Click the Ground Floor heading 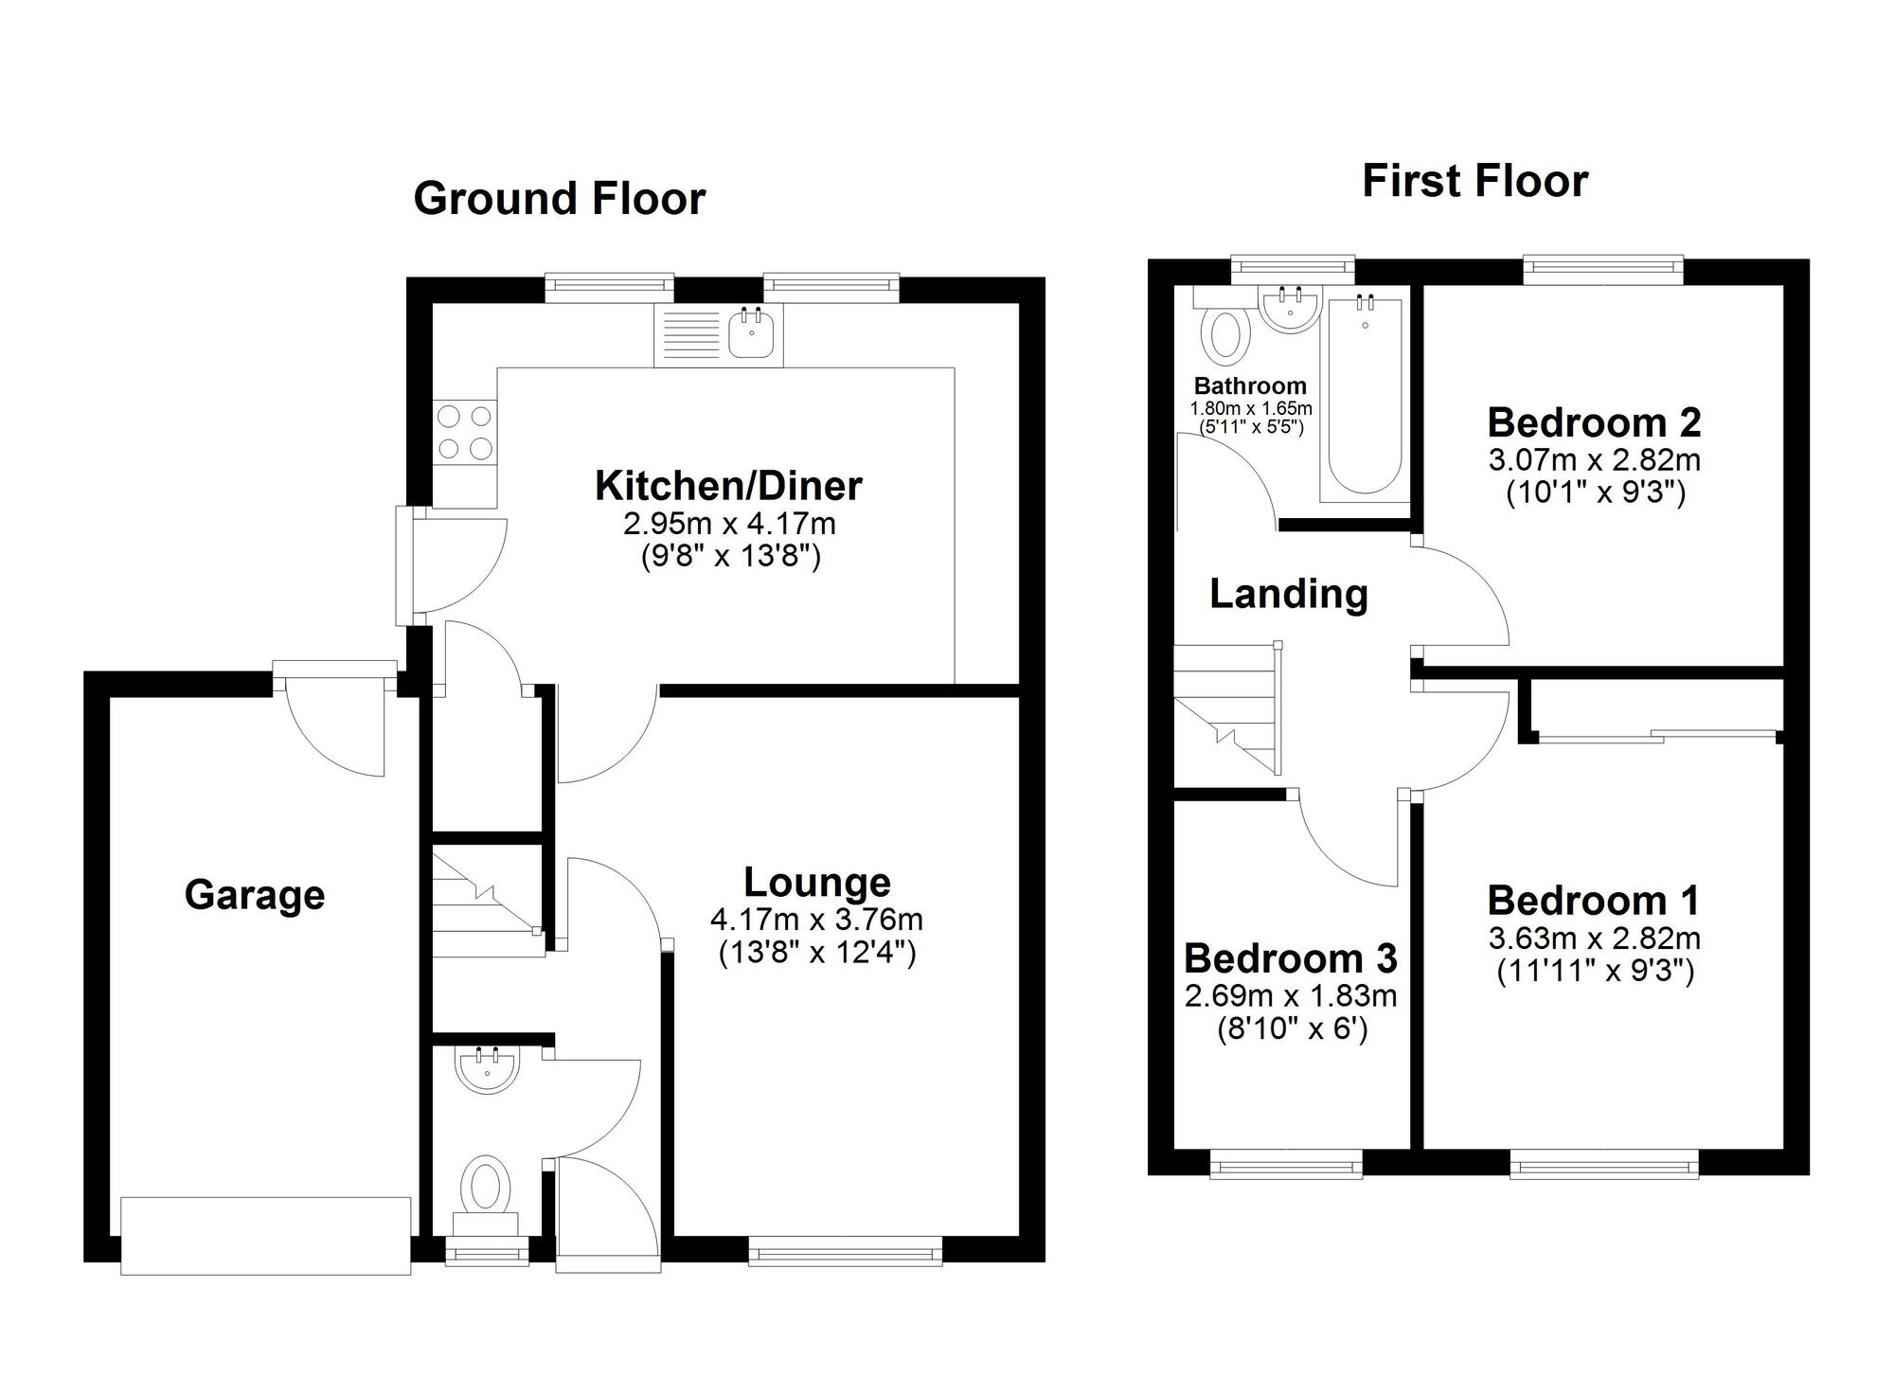point(560,199)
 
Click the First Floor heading point(1474,181)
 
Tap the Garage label point(255,895)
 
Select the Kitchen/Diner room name point(728,485)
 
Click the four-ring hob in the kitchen point(465,432)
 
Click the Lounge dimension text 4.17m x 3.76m point(816,919)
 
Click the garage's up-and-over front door point(266,1235)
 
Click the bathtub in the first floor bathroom point(1365,398)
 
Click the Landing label point(1289,594)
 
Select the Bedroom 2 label point(1594,422)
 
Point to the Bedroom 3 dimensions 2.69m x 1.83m point(1291,995)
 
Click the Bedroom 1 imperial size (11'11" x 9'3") point(1595,971)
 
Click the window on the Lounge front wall point(846,1253)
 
